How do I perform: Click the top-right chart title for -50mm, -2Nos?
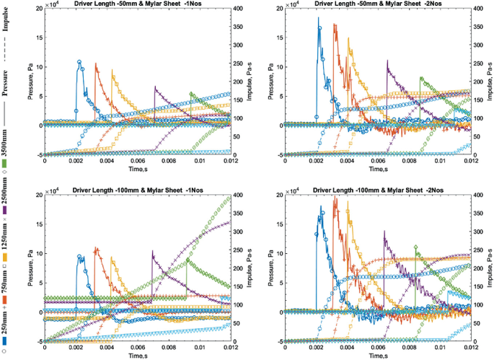click(380, 5)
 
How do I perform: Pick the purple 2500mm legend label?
click(6, 198)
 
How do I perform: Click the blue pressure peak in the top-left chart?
click(79, 62)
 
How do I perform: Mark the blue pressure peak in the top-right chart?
click(319, 29)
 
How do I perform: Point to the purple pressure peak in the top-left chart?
click(154, 87)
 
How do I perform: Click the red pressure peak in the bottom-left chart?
click(96, 248)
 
